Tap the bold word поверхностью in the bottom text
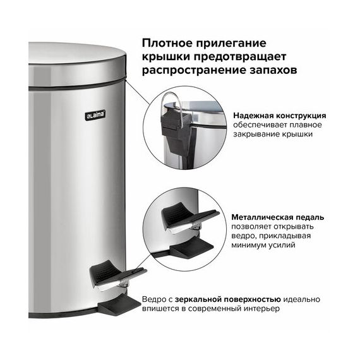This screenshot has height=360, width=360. [251, 299]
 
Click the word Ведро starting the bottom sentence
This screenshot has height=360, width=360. [152, 299]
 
